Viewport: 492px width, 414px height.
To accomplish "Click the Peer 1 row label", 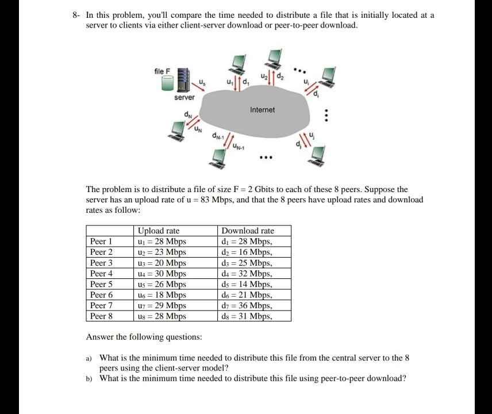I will click(101, 241).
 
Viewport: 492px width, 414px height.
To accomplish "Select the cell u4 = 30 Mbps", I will click(162, 274).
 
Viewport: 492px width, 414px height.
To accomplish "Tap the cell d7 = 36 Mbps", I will click(247, 306).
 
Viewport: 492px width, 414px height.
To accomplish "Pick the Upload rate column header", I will click(159, 231).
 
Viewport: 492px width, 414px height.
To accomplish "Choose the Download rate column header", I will click(248, 231).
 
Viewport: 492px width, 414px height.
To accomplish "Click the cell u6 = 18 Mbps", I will click(162, 295).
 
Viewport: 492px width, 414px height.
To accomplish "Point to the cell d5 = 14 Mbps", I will click(247, 285).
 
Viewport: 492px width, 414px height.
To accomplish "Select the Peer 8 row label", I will click(101, 316).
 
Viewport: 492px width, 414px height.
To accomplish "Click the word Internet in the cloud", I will click(263, 109).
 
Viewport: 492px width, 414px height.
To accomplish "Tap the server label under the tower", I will click(184, 97).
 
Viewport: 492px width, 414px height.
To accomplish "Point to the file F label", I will click(163, 71).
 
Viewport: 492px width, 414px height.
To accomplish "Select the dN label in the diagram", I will click(188, 114).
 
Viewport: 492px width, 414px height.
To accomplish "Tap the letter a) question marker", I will click(89, 358).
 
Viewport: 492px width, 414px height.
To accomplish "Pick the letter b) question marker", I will click(89, 378).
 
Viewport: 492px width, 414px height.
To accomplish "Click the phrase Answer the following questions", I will click(144, 337).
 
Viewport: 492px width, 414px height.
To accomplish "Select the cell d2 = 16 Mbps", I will click(247, 252).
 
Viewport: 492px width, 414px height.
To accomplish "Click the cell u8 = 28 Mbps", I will click(162, 316).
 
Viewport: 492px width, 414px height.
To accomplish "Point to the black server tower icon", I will click(183, 80).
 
